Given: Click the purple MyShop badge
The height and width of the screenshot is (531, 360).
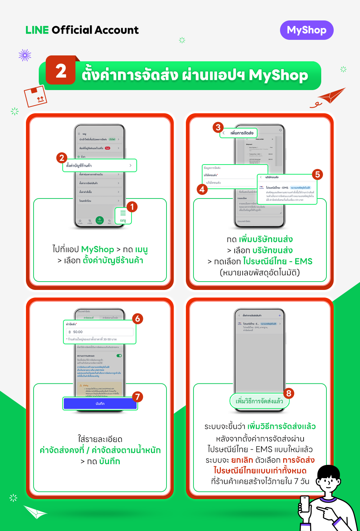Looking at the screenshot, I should [x=307, y=30].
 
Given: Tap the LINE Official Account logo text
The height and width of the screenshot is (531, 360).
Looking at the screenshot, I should [x=82, y=30].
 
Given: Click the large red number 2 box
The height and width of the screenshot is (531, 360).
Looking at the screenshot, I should [x=61, y=71].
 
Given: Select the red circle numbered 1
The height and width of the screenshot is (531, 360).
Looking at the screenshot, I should [x=132, y=207].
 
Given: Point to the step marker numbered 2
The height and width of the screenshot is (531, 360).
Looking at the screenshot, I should [x=62, y=158].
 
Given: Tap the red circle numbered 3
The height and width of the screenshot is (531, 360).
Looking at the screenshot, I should [x=218, y=127].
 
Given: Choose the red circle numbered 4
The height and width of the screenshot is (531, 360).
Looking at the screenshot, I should [x=202, y=189].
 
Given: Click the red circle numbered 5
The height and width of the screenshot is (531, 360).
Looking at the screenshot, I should [x=317, y=174].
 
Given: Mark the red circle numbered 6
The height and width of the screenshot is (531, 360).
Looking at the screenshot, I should [x=137, y=319].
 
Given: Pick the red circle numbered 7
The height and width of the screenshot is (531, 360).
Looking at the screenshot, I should [x=137, y=397].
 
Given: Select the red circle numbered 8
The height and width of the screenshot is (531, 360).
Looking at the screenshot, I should [x=289, y=393].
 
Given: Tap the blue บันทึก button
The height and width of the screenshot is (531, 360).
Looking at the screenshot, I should [x=100, y=404].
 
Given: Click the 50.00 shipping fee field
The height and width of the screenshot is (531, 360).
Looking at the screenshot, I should [x=100, y=332].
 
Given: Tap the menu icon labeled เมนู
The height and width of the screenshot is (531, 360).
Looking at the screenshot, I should [x=123, y=215].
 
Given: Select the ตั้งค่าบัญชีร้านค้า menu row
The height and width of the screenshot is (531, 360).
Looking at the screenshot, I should [x=100, y=166].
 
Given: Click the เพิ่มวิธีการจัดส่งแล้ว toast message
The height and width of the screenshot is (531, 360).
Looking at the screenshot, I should [x=259, y=401].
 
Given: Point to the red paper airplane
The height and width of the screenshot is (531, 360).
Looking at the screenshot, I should [x=331, y=96].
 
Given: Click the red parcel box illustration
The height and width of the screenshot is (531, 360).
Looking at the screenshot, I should [x=35, y=97].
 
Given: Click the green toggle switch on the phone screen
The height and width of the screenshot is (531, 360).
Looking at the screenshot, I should [x=119, y=356].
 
